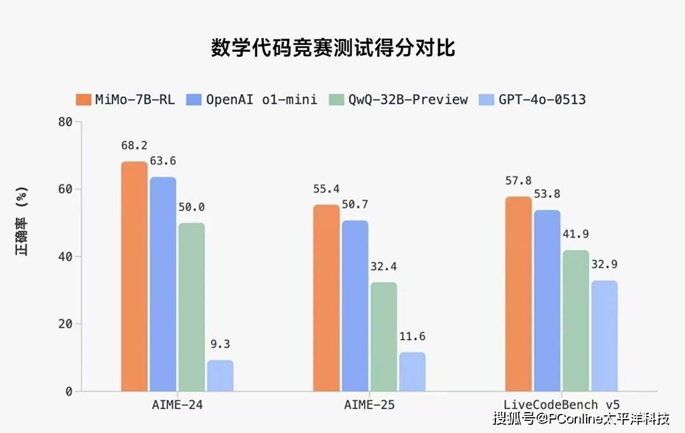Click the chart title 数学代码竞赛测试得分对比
(333, 49)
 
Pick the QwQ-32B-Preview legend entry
(398, 100)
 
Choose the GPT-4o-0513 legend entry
(533, 100)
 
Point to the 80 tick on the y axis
(65, 122)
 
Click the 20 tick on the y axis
(65, 324)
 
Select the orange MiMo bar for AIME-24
(134, 276)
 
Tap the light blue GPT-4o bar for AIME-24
(220, 375)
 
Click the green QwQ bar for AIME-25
(384, 337)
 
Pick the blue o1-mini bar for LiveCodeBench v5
(547, 301)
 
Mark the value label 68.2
(134, 146)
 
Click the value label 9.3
(220, 344)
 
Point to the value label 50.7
(355, 204)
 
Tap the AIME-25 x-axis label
(369, 404)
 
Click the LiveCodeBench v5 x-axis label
(561, 404)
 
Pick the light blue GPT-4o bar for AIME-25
(412, 372)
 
